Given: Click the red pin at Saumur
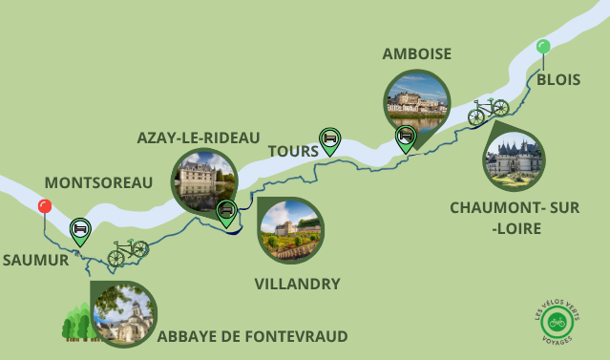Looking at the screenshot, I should tap(44, 206).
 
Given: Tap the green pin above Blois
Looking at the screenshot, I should tap(543, 46).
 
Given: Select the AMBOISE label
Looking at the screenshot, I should tap(416, 53).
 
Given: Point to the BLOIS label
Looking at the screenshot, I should tap(557, 79).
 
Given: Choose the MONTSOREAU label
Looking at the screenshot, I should tap(98, 181).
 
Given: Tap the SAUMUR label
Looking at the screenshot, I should tap(35, 259).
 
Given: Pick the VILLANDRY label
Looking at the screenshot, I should tap(298, 284).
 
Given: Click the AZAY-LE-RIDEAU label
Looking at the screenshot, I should tap(198, 138).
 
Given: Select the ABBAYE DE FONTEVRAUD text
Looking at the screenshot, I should tap(252, 335).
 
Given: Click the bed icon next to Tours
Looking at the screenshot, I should tap(329, 139).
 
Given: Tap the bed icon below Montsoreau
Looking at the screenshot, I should tap(80, 229).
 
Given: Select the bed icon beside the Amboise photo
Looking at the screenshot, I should tap(406, 137).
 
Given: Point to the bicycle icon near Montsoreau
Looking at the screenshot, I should tap(127, 251).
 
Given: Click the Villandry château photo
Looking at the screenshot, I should tap(291, 230).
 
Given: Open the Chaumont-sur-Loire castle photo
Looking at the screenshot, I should tap(515, 159).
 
